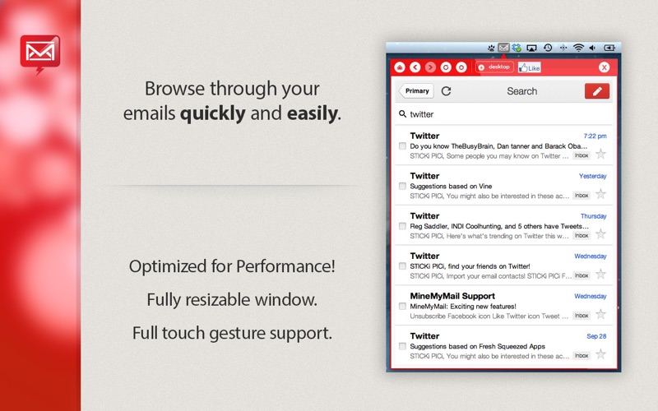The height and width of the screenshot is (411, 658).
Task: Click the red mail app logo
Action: (39, 53)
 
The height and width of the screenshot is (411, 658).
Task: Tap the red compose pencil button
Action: (597, 91)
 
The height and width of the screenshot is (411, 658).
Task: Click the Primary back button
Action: (416, 91)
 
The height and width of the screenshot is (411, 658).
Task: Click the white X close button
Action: (604, 67)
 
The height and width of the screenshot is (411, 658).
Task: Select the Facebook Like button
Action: (530, 67)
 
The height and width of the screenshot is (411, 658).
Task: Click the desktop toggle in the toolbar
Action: (495, 67)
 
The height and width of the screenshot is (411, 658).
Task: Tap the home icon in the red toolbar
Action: (400, 67)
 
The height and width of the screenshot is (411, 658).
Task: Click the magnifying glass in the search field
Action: (402, 113)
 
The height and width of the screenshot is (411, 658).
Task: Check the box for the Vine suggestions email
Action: (402, 186)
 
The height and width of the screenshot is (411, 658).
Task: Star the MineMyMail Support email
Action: (601, 314)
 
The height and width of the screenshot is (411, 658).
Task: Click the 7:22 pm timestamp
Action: (595, 136)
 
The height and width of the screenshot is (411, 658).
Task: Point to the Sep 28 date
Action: (596, 336)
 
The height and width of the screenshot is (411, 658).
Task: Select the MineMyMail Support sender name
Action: (452, 296)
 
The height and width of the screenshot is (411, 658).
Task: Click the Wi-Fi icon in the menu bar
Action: (578, 48)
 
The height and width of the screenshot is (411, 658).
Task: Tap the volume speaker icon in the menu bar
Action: (592, 48)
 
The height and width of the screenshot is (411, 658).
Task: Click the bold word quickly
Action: (213, 113)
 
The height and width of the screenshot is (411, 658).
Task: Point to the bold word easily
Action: (313, 113)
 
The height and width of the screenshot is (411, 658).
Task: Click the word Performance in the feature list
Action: (285, 266)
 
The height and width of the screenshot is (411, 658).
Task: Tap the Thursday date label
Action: (593, 216)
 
